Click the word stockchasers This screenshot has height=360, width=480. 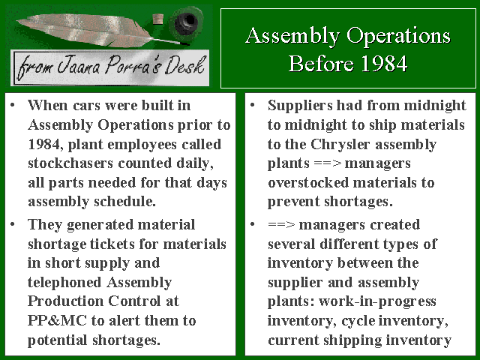[70, 163]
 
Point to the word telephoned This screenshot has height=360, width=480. [64, 283]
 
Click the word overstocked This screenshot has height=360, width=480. [308, 183]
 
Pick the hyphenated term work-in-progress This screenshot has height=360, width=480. [377, 301]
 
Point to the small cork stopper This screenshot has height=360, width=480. [157, 20]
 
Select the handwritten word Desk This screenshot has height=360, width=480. [184, 65]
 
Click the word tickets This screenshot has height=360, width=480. [112, 244]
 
